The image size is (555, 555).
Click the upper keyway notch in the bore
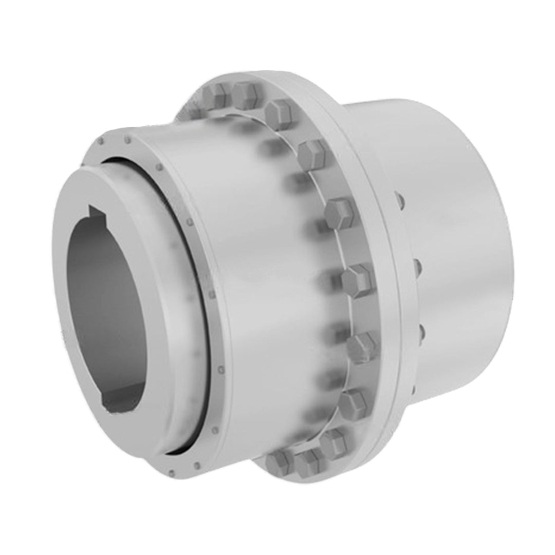[x=98, y=212]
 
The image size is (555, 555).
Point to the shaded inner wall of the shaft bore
[x=110, y=308]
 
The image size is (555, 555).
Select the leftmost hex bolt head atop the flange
[x=215, y=95]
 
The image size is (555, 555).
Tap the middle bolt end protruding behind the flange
[x=417, y=267]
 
